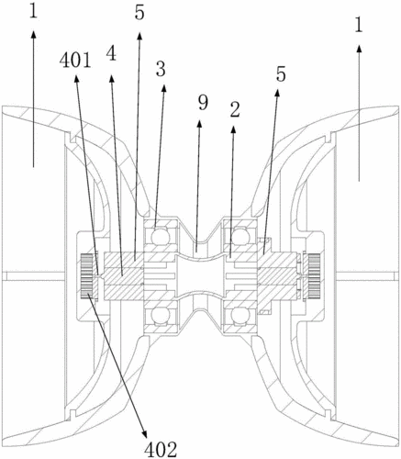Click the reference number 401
tap(75, 61)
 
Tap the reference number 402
tap(161, 449)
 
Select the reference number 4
tap(112, 54)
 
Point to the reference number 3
tap(161, 69)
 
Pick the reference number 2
tap(234, 110)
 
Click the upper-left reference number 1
tap(33, 11)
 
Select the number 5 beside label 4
tap(139, 13)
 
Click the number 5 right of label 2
tap(281, 73)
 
